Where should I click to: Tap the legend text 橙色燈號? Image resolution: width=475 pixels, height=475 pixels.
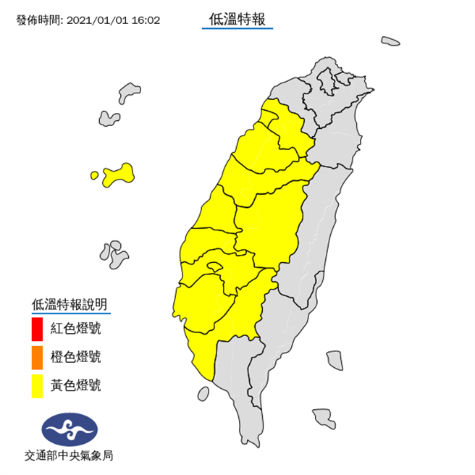tap(75, 358)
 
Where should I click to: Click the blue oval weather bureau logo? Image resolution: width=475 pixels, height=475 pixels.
tap(70, 429)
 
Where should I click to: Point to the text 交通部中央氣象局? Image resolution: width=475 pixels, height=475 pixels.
tap(69, 456)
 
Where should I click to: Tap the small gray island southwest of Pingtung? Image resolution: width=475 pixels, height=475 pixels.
tap(203, 394)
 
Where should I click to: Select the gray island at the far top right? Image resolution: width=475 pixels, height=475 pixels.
tap(391, 41)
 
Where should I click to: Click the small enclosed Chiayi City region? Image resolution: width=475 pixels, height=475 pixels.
tap(213, 268)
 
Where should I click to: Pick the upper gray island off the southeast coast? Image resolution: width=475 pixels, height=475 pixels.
tap(334, 359)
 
